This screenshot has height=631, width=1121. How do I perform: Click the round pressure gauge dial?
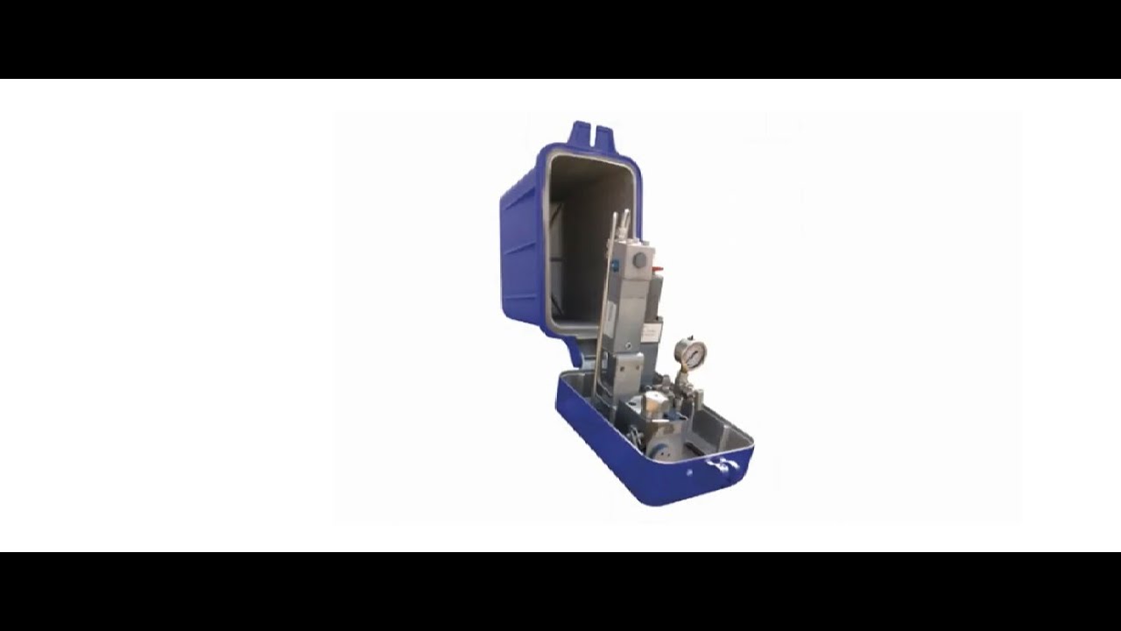691,352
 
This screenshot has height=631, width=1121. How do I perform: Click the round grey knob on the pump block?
640,260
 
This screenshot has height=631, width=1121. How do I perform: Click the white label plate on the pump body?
650,333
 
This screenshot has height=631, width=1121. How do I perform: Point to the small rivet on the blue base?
689,472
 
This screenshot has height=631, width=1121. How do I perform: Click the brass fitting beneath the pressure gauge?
683,379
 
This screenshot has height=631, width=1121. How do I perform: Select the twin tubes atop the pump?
620,224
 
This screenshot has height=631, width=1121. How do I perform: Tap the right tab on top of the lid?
606,137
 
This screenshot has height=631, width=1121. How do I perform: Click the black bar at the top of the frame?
560,39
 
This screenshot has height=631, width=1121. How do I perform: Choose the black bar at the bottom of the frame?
560,592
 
